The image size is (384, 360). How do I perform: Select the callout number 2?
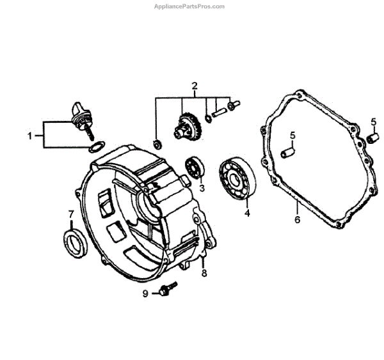[x=195, y=85]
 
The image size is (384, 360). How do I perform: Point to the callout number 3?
[x=202, y=188]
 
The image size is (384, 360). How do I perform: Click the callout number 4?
[x=246, y=212]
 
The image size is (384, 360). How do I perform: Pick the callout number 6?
[x=297, y=220]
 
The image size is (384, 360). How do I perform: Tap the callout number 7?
[x=71, y=214]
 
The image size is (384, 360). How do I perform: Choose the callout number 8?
[x=204, y=273]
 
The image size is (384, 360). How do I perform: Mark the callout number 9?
[x=145, y=293]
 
